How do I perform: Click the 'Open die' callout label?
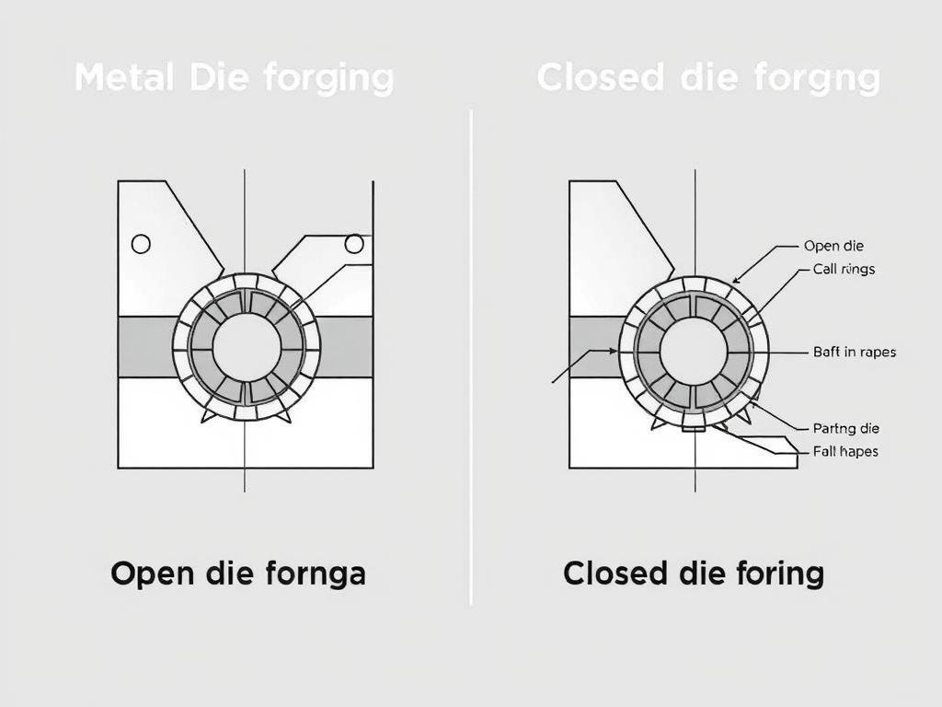833,246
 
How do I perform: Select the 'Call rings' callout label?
844,270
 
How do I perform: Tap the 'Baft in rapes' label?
855,352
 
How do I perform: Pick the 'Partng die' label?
846,428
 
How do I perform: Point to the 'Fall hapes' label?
845,451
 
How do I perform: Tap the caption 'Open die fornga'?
238,574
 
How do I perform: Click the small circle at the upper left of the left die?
141,244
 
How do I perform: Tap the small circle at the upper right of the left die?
353,243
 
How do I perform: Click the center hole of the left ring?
247,347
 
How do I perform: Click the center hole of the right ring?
694,353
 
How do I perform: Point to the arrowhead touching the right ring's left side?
615,351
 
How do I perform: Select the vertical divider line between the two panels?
471,359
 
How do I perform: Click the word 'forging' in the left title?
328,77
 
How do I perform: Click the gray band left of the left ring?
145,346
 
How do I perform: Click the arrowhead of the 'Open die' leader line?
735,280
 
